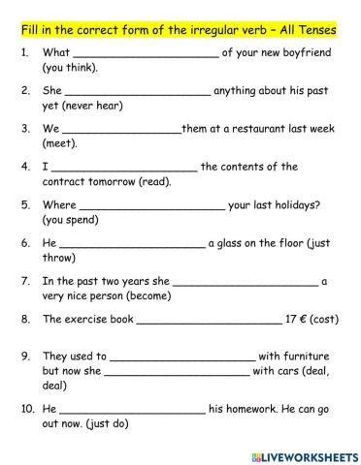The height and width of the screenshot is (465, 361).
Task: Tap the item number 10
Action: (25, 408)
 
